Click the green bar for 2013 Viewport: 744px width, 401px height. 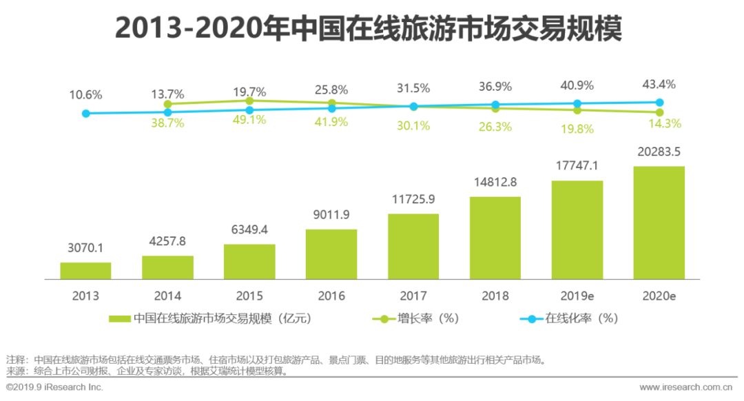85,271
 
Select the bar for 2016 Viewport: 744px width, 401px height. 331,254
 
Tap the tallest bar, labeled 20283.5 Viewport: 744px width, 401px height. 659,222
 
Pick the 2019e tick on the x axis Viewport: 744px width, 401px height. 577,296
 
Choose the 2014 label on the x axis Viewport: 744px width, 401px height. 167,296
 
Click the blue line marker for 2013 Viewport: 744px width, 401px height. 85,113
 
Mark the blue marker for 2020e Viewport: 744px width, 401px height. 659,103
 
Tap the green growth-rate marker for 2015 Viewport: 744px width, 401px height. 249,101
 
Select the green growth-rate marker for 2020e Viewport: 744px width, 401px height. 659,112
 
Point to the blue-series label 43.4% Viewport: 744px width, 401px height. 659,85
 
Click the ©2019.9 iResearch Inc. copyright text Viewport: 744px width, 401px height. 54,387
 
